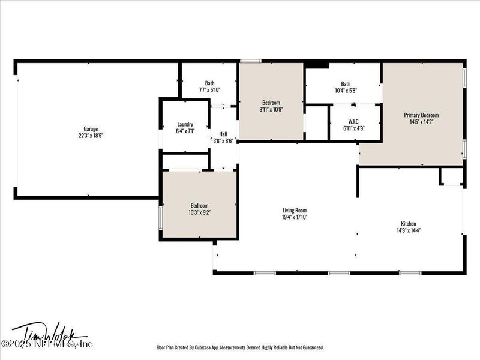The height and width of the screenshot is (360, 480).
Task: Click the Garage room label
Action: tap(91, 128)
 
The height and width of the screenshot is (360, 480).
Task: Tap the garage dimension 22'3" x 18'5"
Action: tap(91, 136)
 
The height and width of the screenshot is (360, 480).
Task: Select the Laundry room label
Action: tap(185, 124)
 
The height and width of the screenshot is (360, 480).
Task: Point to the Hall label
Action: tap(223, 134)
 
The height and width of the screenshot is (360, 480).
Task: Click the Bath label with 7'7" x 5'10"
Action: tap(209, 83)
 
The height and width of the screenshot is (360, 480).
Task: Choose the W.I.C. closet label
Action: tap(353, 121)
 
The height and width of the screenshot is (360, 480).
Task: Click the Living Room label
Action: tap(295, 211)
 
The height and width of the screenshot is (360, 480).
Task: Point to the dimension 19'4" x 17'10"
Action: tap(295, 218)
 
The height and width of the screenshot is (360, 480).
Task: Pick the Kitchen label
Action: tap(409, 223)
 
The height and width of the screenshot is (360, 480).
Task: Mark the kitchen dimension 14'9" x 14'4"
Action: tap(409, 230)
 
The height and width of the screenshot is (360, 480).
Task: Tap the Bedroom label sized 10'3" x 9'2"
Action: tap(199, 205)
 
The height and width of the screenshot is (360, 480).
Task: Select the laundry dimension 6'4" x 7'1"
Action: tap(185, 131)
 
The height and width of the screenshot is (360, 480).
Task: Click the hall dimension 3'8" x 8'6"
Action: tap(223, 142)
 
